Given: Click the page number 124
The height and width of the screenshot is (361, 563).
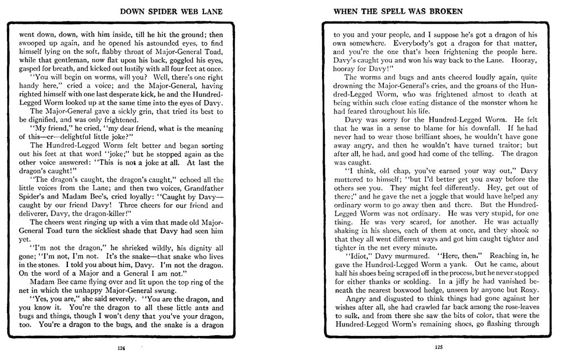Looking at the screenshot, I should [120, 348].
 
